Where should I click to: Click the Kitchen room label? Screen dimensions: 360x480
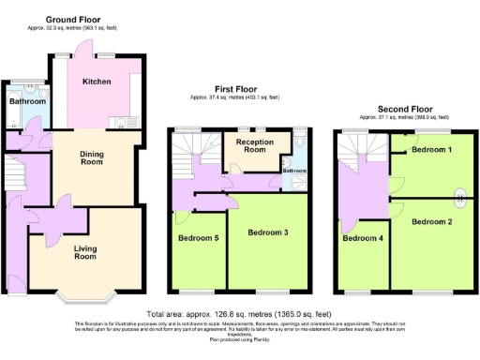tap(97, 82)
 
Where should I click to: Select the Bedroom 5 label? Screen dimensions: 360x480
tap(199, 238)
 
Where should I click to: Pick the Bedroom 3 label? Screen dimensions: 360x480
tap(269, 232)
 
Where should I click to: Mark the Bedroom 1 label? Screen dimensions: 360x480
tap(431, 150)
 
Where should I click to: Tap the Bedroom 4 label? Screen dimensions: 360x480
tap(362, 238)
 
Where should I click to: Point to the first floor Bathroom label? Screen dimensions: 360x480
tap(295, 172)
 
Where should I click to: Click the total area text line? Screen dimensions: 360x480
tap(239, 313)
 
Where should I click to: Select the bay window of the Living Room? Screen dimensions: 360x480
tap(85, 297)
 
